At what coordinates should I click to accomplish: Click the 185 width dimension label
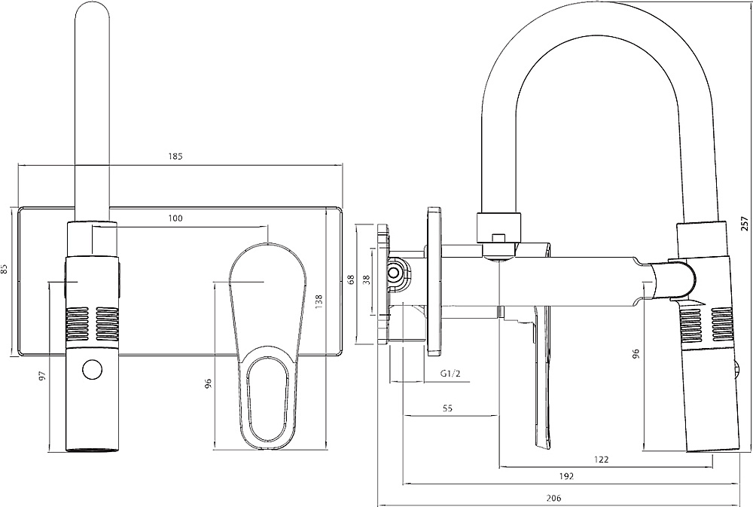click(x=175, y=157)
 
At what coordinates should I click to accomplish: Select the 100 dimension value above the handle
click(x=175, y=218)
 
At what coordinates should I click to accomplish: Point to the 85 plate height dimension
click(x=5, y=269)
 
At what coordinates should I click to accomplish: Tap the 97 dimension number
click(x=43, y=374)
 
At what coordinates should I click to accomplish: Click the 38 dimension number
click(x=367, y=279)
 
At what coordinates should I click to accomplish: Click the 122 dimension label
click(x=601, y=459)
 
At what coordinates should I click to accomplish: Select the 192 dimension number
click(x=566, y=476)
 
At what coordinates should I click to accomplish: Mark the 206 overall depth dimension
click(x=553, y=498)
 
